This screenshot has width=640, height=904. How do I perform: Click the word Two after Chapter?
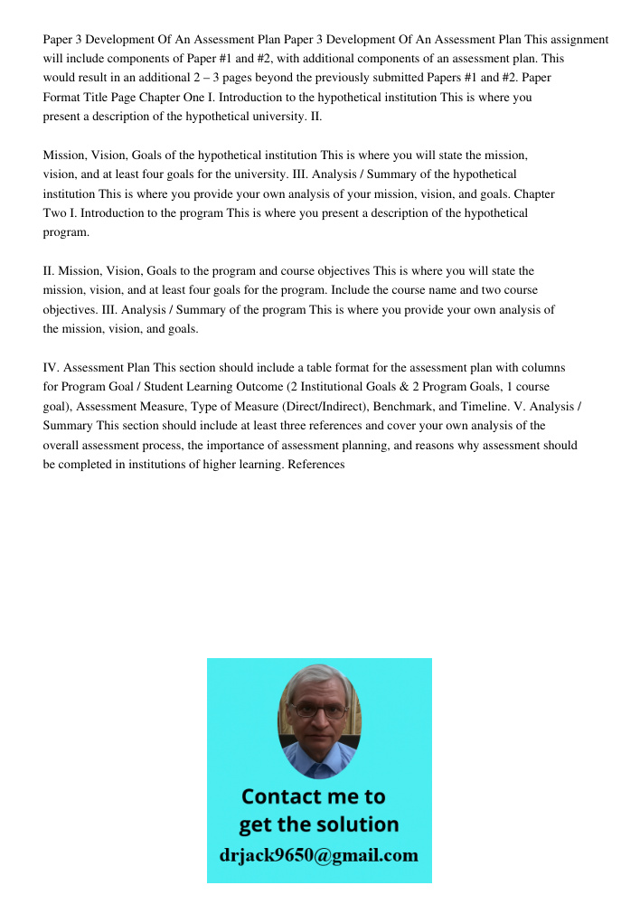tap(56, 213)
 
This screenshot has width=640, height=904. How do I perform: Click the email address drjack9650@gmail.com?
tap(319, 854)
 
